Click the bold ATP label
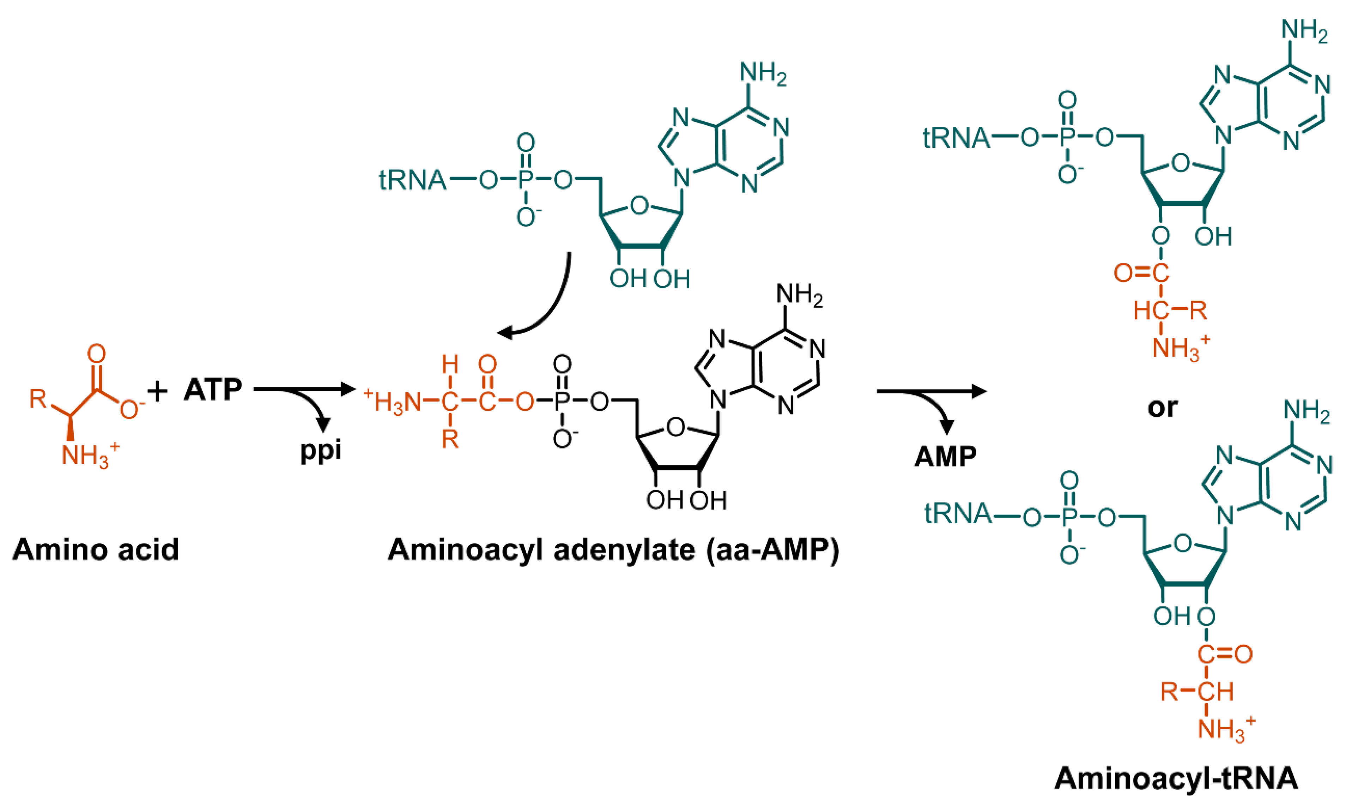click(x=213, y=390)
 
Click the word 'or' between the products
click(x=1162, y=407)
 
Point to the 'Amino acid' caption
click(x=96, y=550)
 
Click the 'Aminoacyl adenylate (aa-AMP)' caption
click(x=613, y=550)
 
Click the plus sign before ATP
click(x=157, y=391)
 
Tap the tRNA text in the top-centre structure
click(x=412, y=180)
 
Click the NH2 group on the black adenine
click(x=799, y=295)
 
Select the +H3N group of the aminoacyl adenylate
click(x=393, y=402)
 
